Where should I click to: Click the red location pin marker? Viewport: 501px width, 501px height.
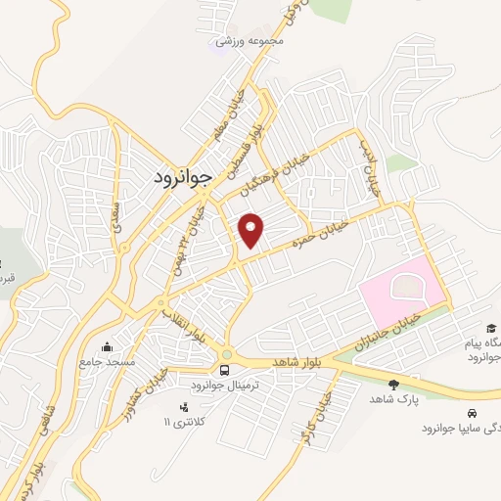click(252, 229)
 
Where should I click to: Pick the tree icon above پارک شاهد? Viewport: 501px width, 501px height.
click(393, 385)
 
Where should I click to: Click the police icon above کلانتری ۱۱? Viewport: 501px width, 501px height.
click(182, 406)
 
